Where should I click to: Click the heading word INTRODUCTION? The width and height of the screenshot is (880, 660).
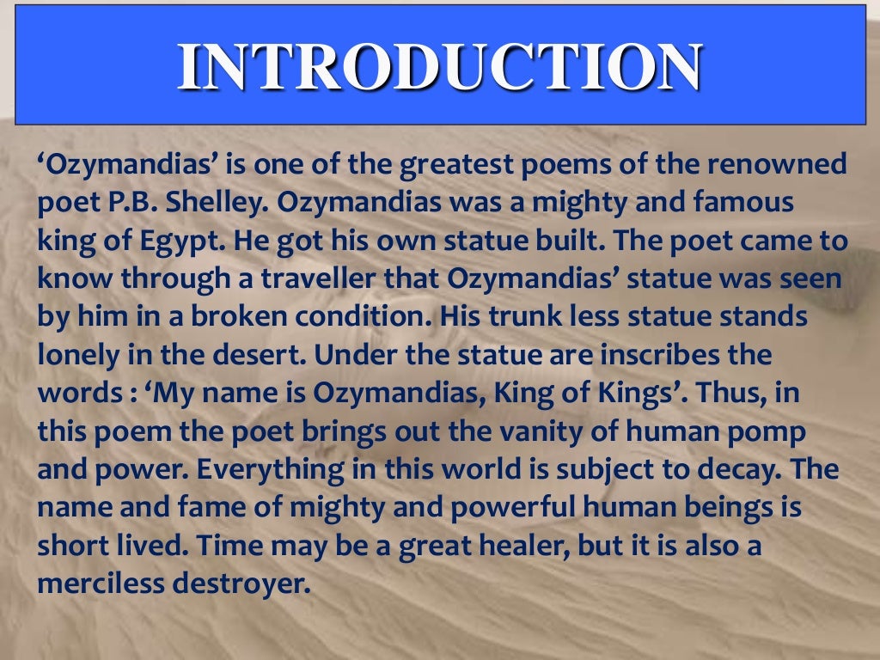pos(439,66)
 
